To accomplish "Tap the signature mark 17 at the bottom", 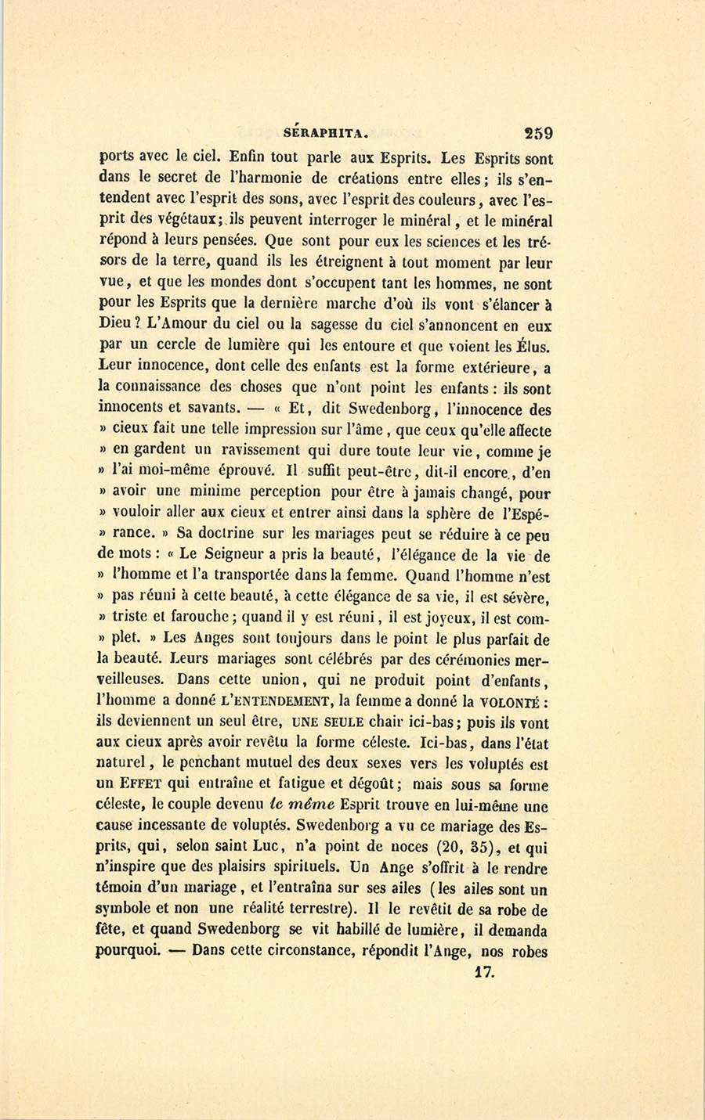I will [487, 974].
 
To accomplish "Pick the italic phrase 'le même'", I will [301, 806].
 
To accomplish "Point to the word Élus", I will [532, 346].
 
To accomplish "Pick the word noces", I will [412, 848].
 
